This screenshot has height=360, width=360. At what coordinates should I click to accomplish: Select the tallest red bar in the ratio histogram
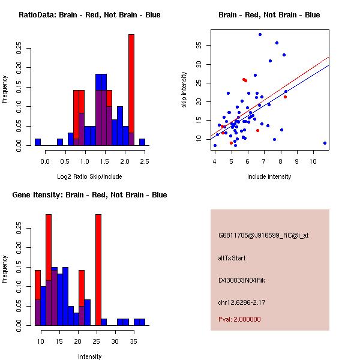point(131,84)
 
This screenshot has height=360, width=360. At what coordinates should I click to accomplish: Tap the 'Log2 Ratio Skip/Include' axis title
point(89,177)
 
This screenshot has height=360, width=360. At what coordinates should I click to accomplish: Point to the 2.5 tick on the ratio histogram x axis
point(145,161)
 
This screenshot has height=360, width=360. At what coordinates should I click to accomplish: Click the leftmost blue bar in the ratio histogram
point(37,142)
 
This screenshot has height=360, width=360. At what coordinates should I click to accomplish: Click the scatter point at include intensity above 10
point(325,143)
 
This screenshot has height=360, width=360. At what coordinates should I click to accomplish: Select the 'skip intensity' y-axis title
point(185,90)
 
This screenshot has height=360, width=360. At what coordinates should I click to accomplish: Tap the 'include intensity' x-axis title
point(269,177)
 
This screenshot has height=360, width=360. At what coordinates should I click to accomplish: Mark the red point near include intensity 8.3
point(285,97)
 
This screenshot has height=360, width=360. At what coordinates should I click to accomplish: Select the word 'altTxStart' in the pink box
point(232,258)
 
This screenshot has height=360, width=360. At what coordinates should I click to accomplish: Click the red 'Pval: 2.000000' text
point(239,319)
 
